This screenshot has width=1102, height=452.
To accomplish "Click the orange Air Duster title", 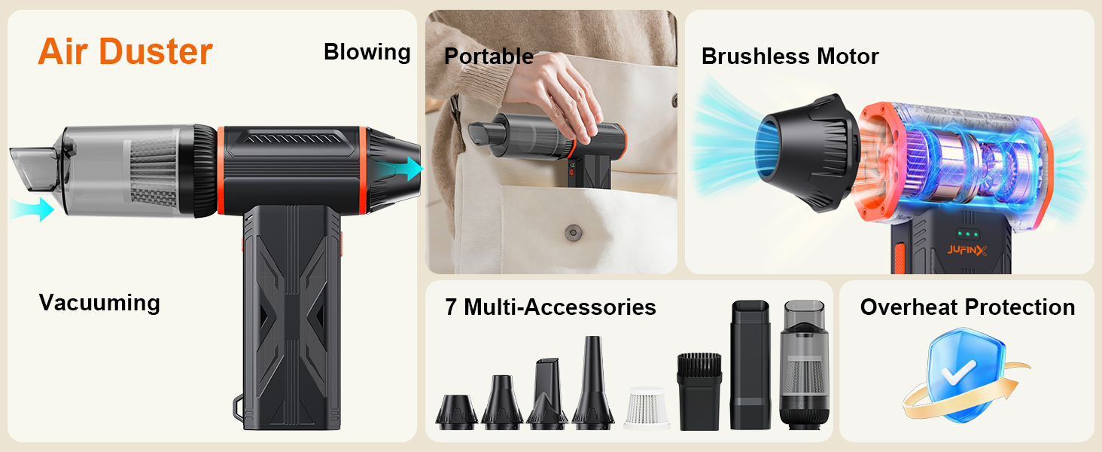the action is point(125,52).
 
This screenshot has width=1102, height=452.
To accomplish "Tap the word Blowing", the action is point(367,52).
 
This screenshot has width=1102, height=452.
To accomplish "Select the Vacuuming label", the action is point(99,303).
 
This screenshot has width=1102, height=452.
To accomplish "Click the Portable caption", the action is point(489,56).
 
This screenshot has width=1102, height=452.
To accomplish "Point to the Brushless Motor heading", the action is point(790,56).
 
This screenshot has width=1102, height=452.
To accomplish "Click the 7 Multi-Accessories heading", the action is point(550,307).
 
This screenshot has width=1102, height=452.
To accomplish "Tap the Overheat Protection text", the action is point(967,307).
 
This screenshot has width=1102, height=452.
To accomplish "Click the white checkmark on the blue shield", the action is point(958,372).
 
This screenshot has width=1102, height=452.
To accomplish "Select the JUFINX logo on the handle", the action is point(967,251).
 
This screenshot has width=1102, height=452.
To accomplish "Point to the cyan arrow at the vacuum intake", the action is point(32,209).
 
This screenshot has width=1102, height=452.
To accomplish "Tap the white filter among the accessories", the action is point(647,408).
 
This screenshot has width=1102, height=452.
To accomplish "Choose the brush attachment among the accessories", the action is point(699,391).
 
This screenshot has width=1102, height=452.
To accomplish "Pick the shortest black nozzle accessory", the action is point(457,411).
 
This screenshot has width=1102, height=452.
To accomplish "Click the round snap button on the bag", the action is point(573,232).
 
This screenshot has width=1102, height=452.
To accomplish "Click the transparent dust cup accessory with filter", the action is point(805,365).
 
